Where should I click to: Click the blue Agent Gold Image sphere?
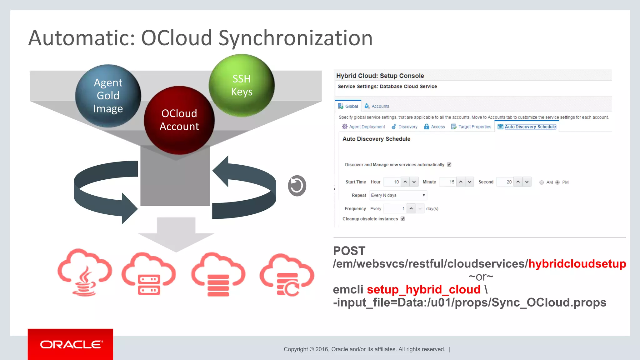click(108, 96)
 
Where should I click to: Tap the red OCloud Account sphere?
click(179, 120)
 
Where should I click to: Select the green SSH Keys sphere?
click(242, 85)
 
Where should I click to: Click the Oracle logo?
click(70, 344)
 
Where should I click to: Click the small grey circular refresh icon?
click(297, 186)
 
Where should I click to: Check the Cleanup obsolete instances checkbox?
click(403, 219)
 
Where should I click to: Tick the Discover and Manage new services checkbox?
click(449, 165)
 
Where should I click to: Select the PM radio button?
click(557, 182)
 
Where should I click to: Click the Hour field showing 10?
click(392, 182)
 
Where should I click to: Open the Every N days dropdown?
click(398, 195)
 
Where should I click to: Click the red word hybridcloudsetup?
click(577, 264)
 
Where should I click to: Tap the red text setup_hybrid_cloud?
click(423, 290)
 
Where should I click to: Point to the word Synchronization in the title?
click(295, 38)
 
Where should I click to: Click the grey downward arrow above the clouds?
click(176, 234)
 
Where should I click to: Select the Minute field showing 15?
click(447, 182)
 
